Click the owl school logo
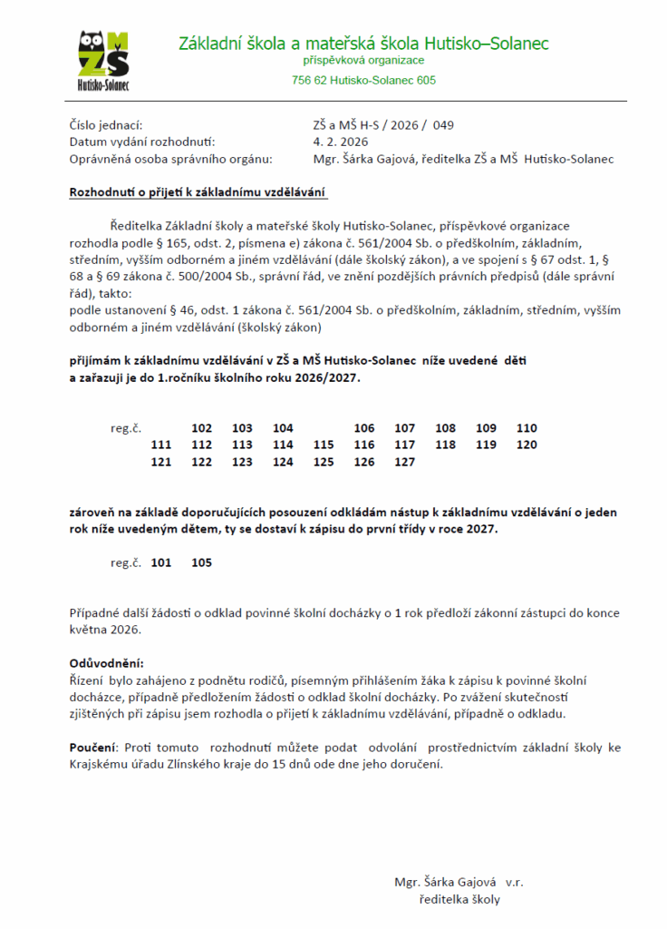point(102,60)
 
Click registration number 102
point(202,428)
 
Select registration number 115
point(324,445)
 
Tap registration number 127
point(405,462)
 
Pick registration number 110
point(527,428)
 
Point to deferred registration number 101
point(161,562)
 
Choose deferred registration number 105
point(202,562)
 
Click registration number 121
point(161,462)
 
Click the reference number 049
point(443,125)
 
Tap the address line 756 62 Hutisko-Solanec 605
point(363,80)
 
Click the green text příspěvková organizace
point(363,61)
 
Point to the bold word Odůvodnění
point(107,663)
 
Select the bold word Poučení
point(92,748)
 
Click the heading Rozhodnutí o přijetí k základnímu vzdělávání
point(198,192)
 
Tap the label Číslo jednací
point(106,125)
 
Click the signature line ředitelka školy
point(459,899)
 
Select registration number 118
point(446,445)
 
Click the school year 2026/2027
point(321,378)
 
